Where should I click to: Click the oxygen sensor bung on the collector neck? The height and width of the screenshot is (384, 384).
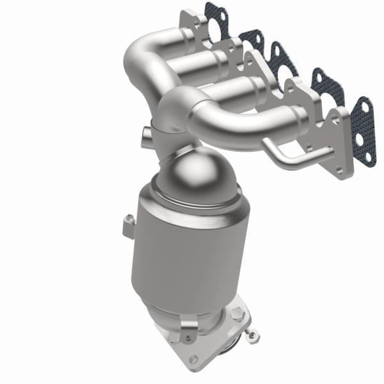click(144, 134)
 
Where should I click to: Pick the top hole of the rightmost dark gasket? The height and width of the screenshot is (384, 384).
click(363, 106)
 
